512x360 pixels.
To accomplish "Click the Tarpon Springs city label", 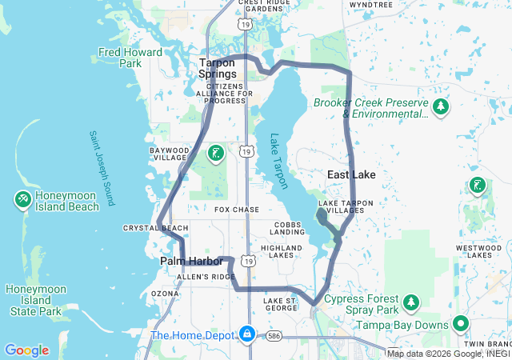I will pos(218,68).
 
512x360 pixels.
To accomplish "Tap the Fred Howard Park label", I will pos(130,58).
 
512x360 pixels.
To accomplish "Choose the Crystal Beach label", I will pos(155,228).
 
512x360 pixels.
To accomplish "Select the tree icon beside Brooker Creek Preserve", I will pos(440,106).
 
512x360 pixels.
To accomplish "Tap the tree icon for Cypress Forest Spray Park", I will pos(411,302).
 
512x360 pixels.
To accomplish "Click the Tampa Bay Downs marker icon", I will pos(460,324).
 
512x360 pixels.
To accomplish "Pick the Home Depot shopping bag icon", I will pos(248,333).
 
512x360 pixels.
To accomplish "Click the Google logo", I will pos(26,350).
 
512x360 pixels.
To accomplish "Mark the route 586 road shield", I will pos(274,335).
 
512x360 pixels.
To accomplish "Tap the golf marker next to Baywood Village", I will pos(215,153).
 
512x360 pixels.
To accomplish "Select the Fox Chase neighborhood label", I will pos(237,210).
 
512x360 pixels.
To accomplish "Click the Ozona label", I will pos(165,294).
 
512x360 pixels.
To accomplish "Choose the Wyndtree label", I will pos(371,5).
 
